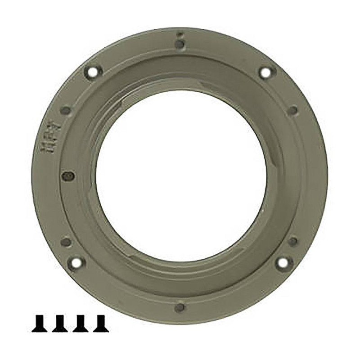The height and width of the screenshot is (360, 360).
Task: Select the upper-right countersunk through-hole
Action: pos(266,72)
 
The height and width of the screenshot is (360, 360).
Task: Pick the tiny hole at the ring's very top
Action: pos(179,34)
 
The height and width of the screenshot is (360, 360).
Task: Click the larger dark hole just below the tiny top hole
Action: pos(179,44)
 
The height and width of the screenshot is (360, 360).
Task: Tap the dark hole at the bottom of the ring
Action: pos(180,307)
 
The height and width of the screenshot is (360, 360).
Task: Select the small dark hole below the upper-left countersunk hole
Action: pos(66,110)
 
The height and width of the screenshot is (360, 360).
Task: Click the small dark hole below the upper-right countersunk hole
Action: pos(292,110)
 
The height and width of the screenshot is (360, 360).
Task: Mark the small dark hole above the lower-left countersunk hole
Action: pos(66,242)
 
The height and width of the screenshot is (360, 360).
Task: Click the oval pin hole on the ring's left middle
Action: pos(67,176)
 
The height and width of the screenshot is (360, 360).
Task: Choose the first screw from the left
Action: pos(40,323)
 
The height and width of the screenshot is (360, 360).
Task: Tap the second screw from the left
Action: pos(60,323)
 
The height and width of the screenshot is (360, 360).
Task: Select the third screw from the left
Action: pos(81,323)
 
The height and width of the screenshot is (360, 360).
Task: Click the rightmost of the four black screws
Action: pos(101,323)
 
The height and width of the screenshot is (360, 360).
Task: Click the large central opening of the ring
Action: pos(180,175)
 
